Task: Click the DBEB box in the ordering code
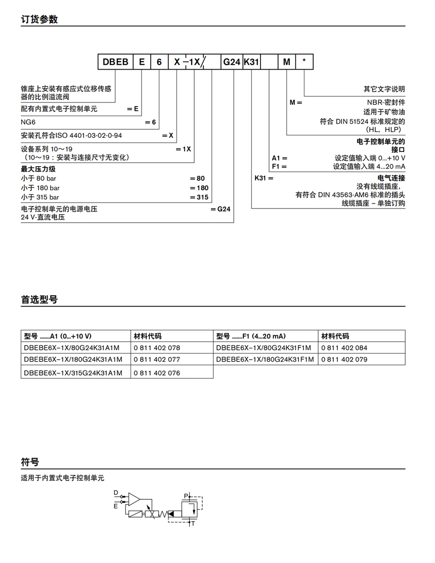tap(115, 62)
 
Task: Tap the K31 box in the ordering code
tap(251, 62)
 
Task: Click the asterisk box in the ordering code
tap(304, 62)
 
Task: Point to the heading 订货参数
tap(39, 20)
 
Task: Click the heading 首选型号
tap(39, 299)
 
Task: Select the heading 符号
tap(30, 462)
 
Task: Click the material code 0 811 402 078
tap(157, 348)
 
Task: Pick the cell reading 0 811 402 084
tap(344, 348)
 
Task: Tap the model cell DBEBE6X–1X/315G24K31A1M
tap(73, 373)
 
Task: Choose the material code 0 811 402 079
tap(344, 360)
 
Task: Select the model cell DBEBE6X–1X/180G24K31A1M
tap(73, 360)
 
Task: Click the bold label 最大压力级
tap(38, 169)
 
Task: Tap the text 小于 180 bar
tap(40, 188)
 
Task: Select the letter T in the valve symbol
tap(193, 524)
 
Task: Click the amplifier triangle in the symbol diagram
tap(134, 499)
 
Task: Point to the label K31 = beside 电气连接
tap(264, 178)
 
